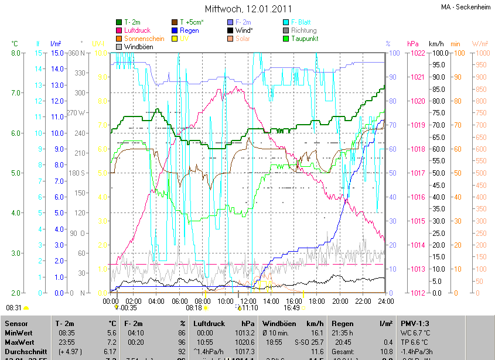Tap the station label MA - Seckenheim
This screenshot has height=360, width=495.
[x=465, y=7]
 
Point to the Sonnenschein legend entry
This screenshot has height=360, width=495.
[x=144, y=39]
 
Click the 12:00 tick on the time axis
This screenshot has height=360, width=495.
[x=248, y=301]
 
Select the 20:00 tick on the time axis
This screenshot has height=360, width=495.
[x=340, y=301]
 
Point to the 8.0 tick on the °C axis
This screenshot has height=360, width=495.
[x=16, y=53]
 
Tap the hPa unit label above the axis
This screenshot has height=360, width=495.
[x=413, y=44]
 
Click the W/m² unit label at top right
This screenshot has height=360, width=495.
[x=480, y=44]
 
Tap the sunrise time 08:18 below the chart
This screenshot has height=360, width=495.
[x=194, y=307]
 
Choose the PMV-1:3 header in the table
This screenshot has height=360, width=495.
[x=415, y=323]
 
